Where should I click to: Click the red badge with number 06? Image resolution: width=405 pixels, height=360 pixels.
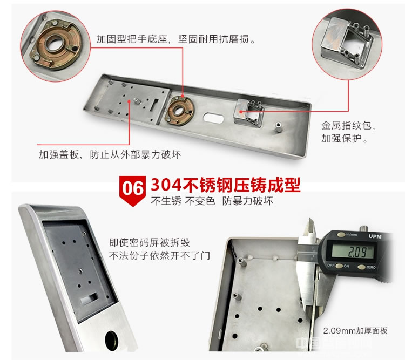point(132,189)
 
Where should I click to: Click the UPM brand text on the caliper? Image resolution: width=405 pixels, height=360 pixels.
point(373,236)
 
